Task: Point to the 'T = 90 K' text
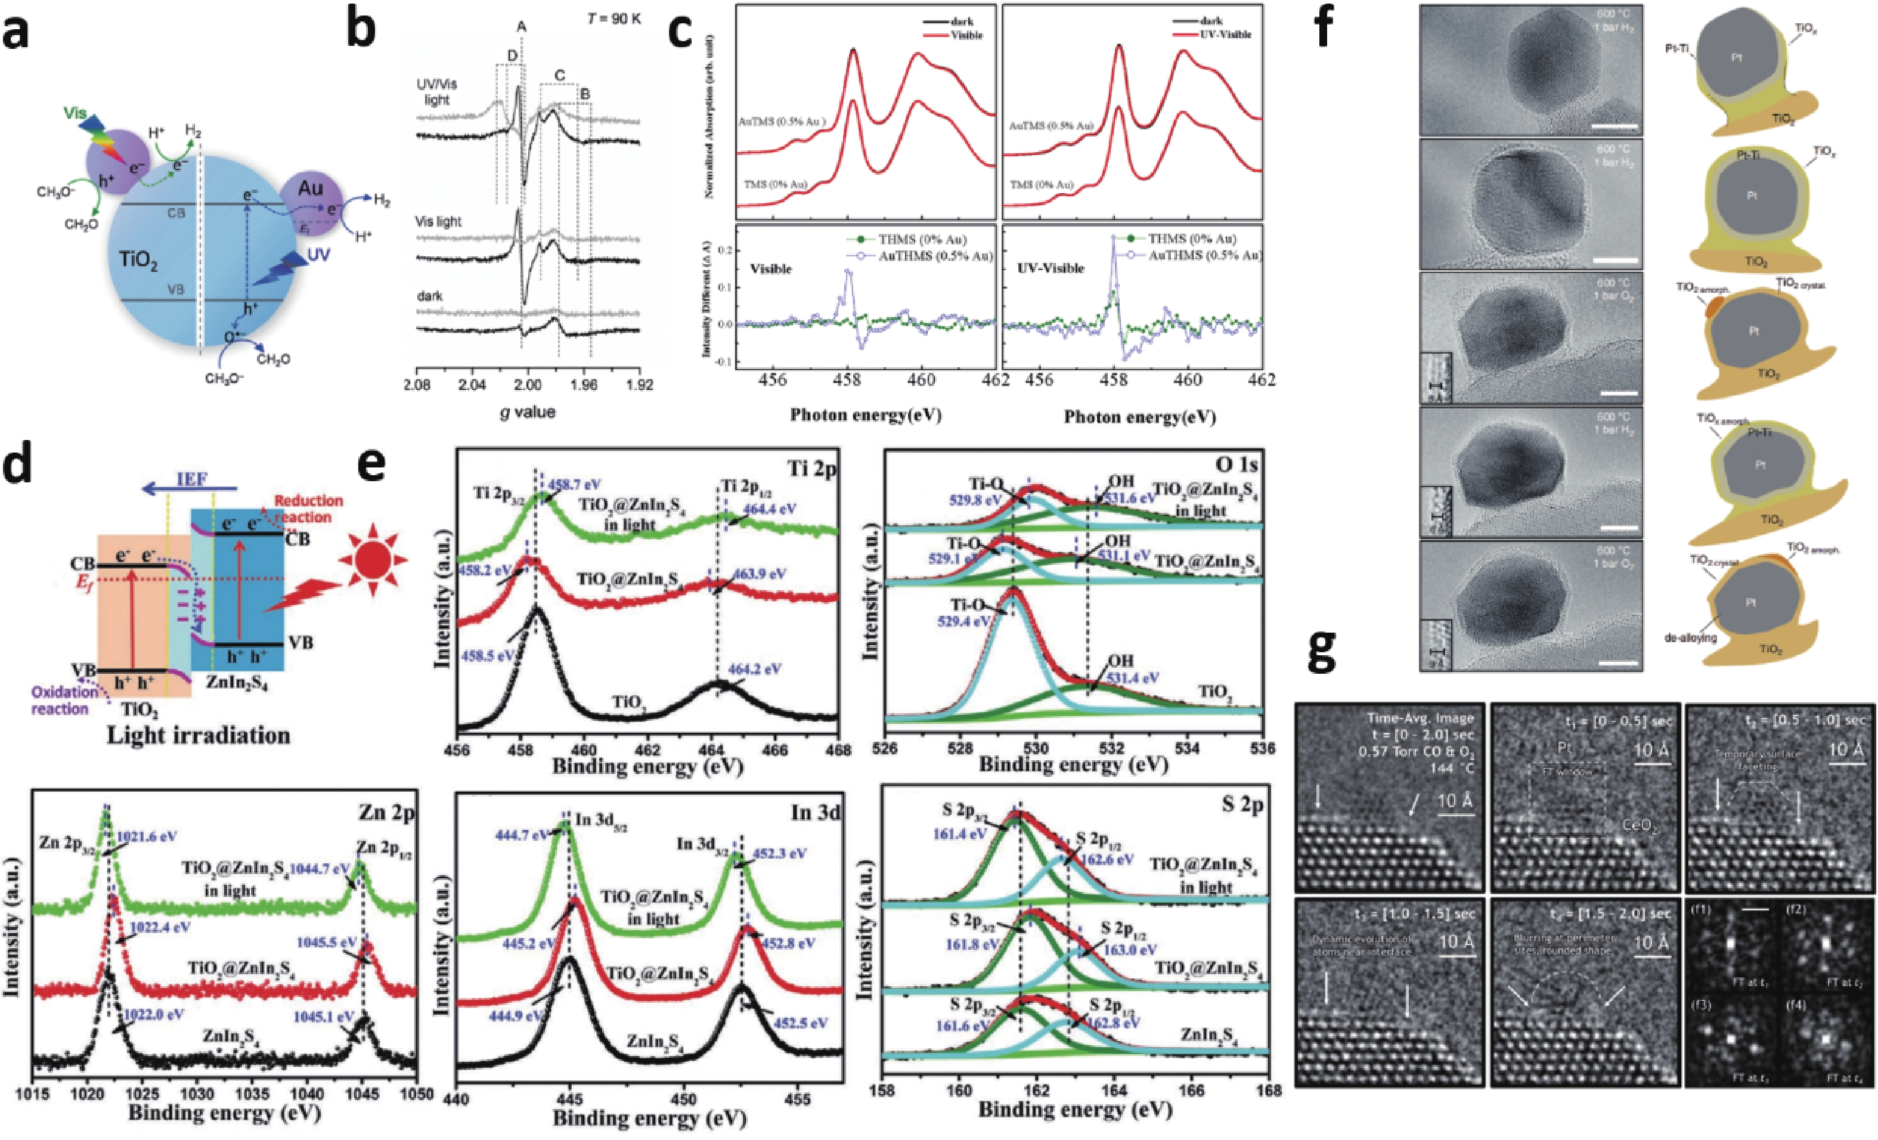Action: (x=614, y=18)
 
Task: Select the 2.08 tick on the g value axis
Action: (x=416, y=385)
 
